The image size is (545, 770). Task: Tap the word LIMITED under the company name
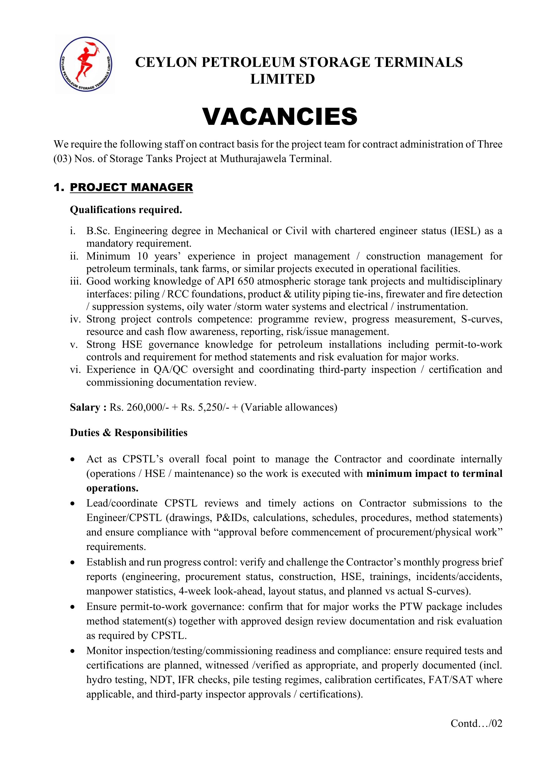point(283,79)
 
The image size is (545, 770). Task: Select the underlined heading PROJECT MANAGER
point(131,187)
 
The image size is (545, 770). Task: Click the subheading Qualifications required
point(126,209)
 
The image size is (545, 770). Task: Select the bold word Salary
point(85,407)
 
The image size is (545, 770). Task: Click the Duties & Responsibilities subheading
point(129,432)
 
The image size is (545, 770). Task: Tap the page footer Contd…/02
point(476,723)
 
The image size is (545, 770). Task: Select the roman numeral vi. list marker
point(75,369)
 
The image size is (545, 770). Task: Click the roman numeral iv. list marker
point(75,319)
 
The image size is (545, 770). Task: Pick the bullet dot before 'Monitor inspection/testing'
point(72,651)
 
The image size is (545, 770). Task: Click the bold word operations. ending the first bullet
point(112,488)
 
